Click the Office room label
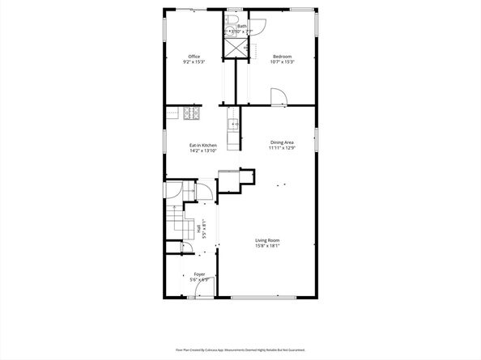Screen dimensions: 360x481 click(x=194, y=57)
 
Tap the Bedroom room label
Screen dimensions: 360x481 click(x=283, y=57)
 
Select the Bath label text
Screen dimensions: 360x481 click(x=242, y=26)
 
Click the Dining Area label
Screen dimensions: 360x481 click(x=282, y=142)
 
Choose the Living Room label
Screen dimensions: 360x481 click(x=267, y=240)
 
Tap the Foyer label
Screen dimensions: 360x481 click(x=199, y=274)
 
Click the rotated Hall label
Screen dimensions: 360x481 click(x=199, y=229)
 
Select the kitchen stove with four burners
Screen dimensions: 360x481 click(x=191, y=114)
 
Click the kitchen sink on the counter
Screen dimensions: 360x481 click(x=233, y=125)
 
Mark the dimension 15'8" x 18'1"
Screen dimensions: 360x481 click(x=267, y=246)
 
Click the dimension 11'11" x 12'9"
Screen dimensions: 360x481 click(x=282, y=148)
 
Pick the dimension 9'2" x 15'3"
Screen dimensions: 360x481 click(x=194, y=62)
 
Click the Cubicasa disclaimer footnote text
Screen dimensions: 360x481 click(x=240, y=349)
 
